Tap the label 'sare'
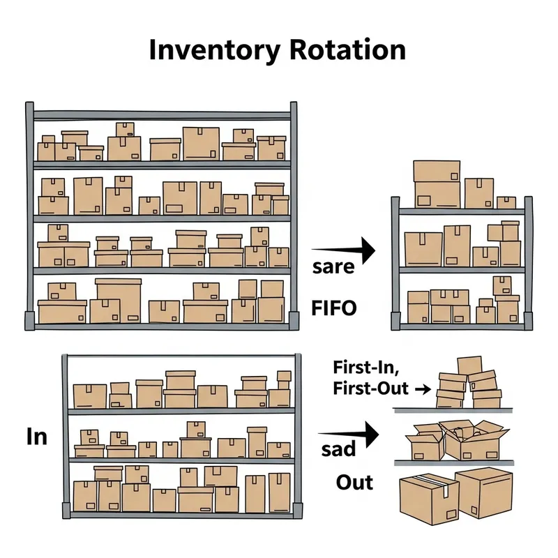[333, 266]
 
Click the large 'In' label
[37, 437]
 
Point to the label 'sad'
[338, 448]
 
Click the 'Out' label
[354, 482]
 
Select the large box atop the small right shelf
[437, 181]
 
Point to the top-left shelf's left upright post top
[29, 108]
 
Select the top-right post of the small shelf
[528, 202]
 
